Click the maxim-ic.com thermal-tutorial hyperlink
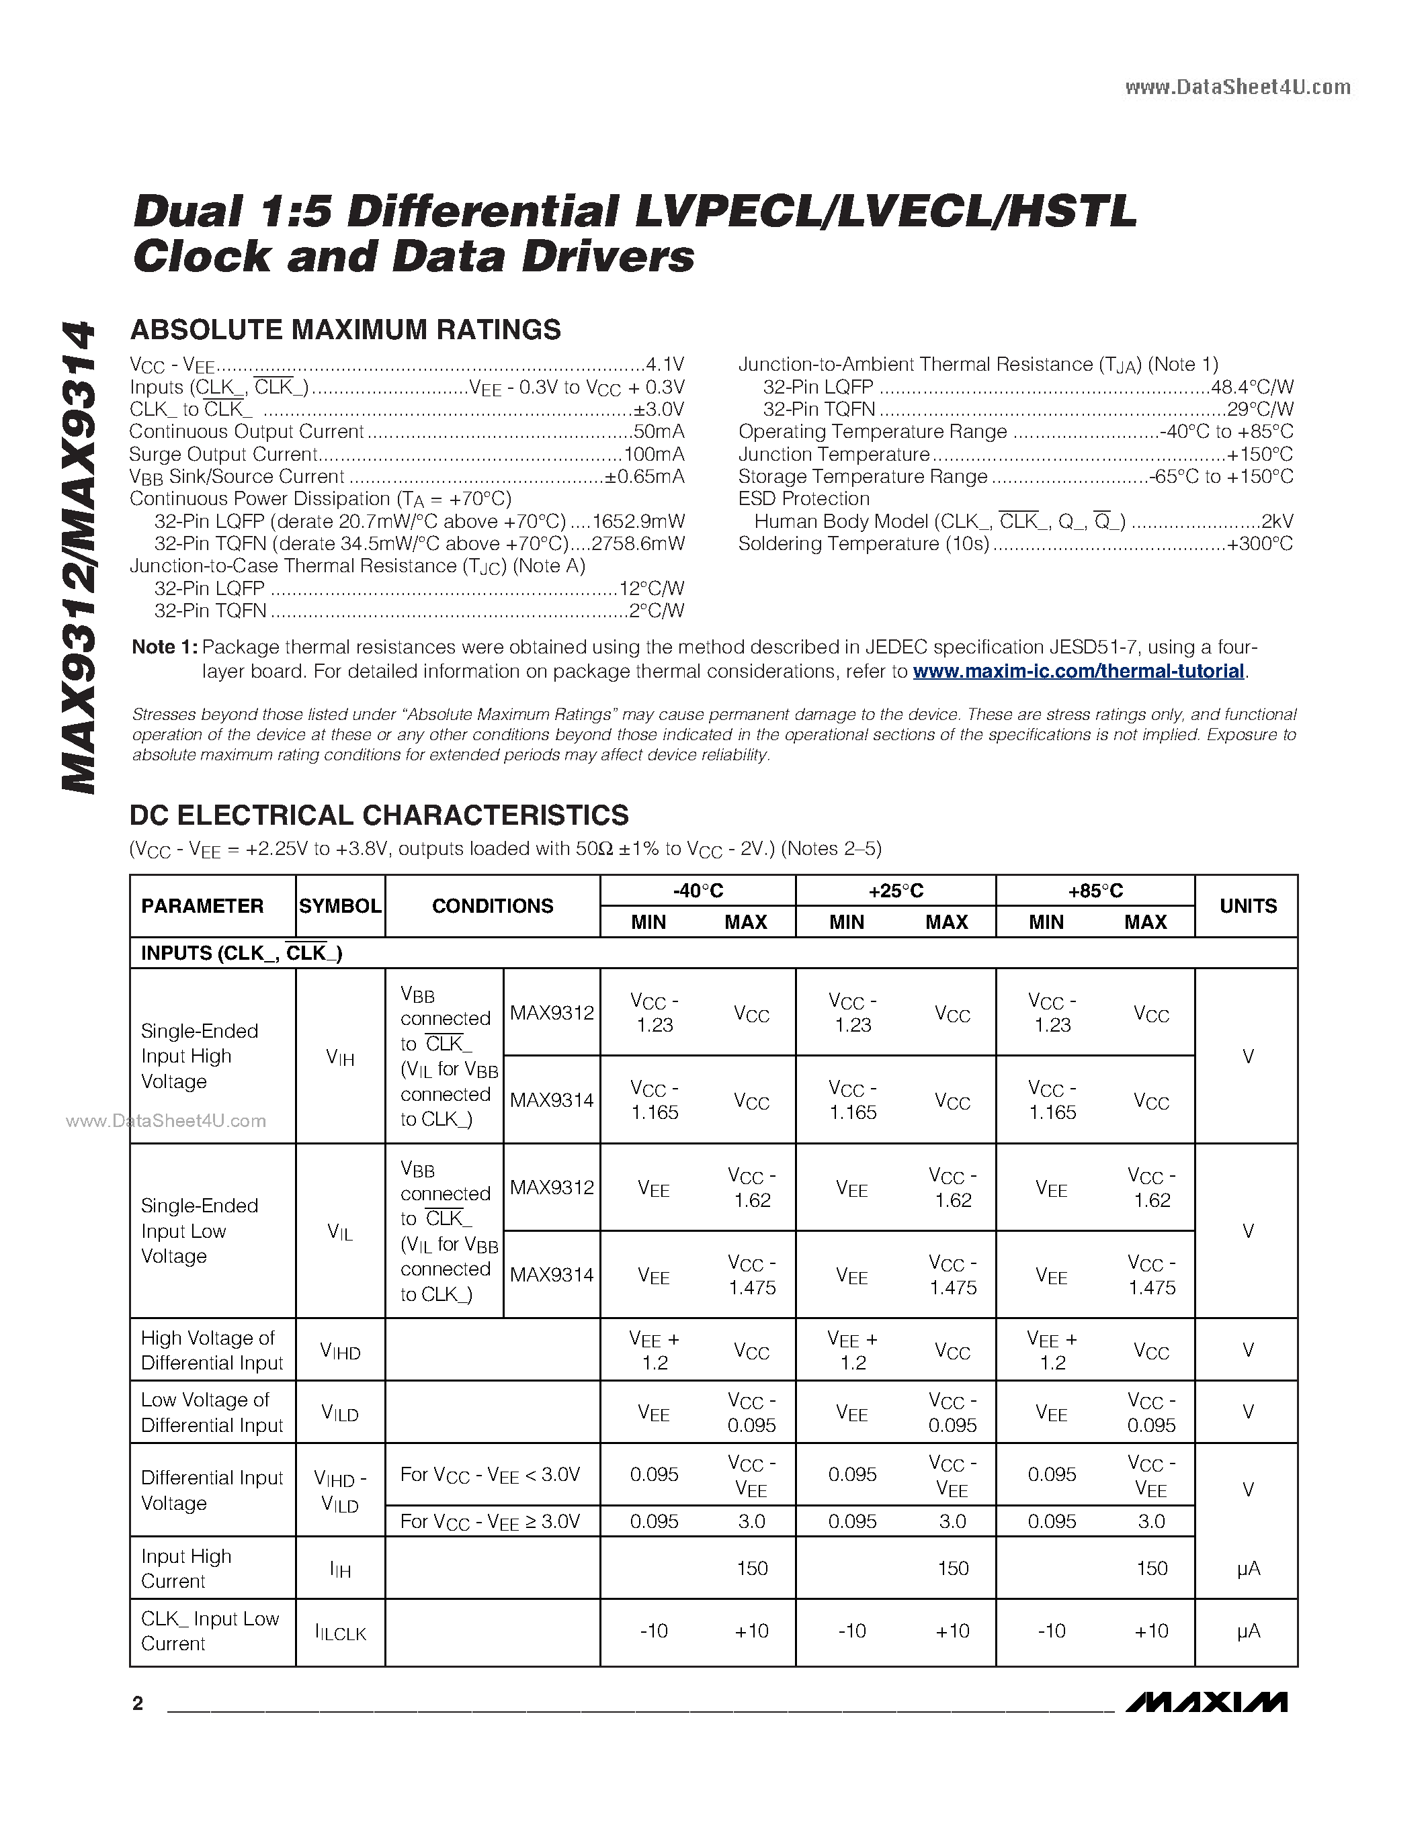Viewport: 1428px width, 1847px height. point(1079,672)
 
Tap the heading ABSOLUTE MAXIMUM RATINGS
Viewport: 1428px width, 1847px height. point(345,330)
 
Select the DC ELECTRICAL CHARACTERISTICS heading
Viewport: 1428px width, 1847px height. point(379,815)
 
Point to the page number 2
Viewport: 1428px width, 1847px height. point(138,1703)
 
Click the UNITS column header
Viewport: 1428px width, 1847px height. point(1247,906)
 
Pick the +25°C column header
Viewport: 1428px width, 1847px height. point(895,891)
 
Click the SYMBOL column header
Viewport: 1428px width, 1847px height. point(340,906)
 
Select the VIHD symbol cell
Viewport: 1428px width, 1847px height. point(340,1351)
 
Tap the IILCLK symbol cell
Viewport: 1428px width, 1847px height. point(340,1632)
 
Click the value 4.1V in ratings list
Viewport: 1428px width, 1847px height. point(664,365)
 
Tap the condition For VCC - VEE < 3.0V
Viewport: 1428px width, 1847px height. point(490,1475)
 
